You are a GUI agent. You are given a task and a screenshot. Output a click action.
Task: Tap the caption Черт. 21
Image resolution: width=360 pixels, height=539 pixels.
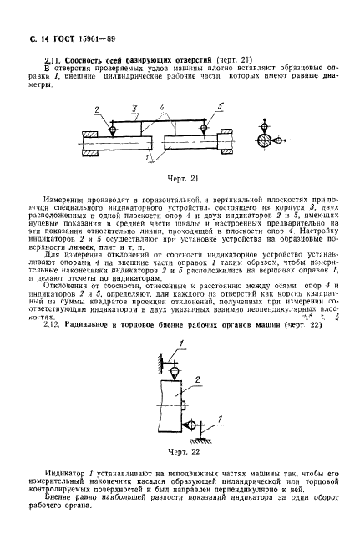pyautogui.click(x=177, y=177)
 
